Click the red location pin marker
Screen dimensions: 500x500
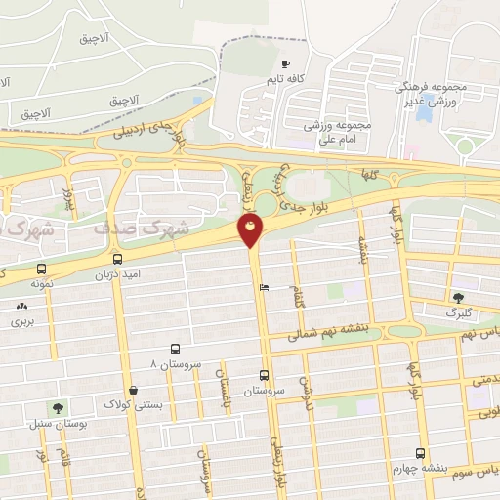pyautogui.click(x=251, y=230)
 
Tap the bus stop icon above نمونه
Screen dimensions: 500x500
pyautogui.click(x=41, y=268)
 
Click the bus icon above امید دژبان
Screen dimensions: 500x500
pyautogui.click(x=118, y=259)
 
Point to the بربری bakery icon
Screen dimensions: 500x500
pyautogui.click(x=21, y=307)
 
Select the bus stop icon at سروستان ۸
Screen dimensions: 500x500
pyautogui.click(x=175, y=349)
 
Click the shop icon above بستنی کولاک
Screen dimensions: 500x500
pyautogui.click(x=134, y=389)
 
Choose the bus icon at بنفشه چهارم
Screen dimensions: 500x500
pyautogui.click(x=420, y=453)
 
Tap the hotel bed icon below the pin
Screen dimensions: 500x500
pyautogui.click(x=264, y=287)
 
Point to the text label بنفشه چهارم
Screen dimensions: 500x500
pyautogui.click(x=420, y=468)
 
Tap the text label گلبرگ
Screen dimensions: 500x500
pyautogui.click(x=458, y=313)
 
